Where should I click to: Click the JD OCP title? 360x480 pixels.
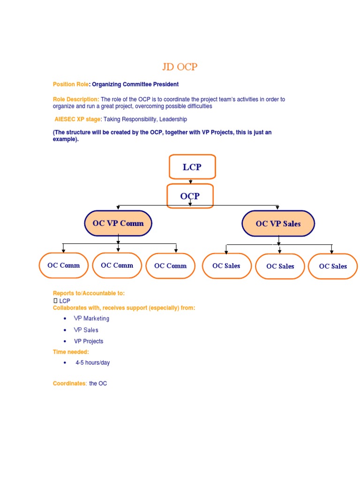pyautogui.click(x=180, y=67)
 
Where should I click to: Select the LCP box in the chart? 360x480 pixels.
pyautogui.click(x=192, y=167)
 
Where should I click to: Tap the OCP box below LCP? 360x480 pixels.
pyautogui.click(x=190, y=196)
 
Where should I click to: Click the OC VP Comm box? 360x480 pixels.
pyautogui.click(x=118, y=223)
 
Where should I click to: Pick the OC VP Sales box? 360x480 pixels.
pyautogui.click(x=278, y=224)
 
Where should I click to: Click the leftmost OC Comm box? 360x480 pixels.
pyautogui.click(x=64, y=265)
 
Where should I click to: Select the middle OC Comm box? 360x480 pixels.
pyautogui.click(x=117, y=265)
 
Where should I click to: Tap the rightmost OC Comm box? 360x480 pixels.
pyautogui.click(x=170, y=266)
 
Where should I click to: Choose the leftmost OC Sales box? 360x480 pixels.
pyautogui.click(x=226, y=266)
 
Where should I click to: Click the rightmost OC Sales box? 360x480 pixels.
pyautogui.click(x=333, y=266)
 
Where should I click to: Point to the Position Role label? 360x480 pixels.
pyautogui.click(x=71, y=84)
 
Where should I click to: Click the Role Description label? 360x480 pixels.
pyautogui.click(x=75, y=99)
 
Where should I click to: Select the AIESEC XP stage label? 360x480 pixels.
pyautogui.click(x=78, y=120)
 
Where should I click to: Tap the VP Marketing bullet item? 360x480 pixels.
pyautogui.click(x=91, y=319)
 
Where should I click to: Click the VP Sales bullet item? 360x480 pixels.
pyautogui.click(x=86, y=330)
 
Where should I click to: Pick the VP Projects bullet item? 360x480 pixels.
pyautogui.click(x=89, y=341)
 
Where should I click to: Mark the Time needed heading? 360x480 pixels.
pyautogui.click(x=71, y=352)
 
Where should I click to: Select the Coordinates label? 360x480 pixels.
pyautogui.click(x=69, y=383)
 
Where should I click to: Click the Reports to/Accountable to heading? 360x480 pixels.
pyautogui.click(x=89, y=293)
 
